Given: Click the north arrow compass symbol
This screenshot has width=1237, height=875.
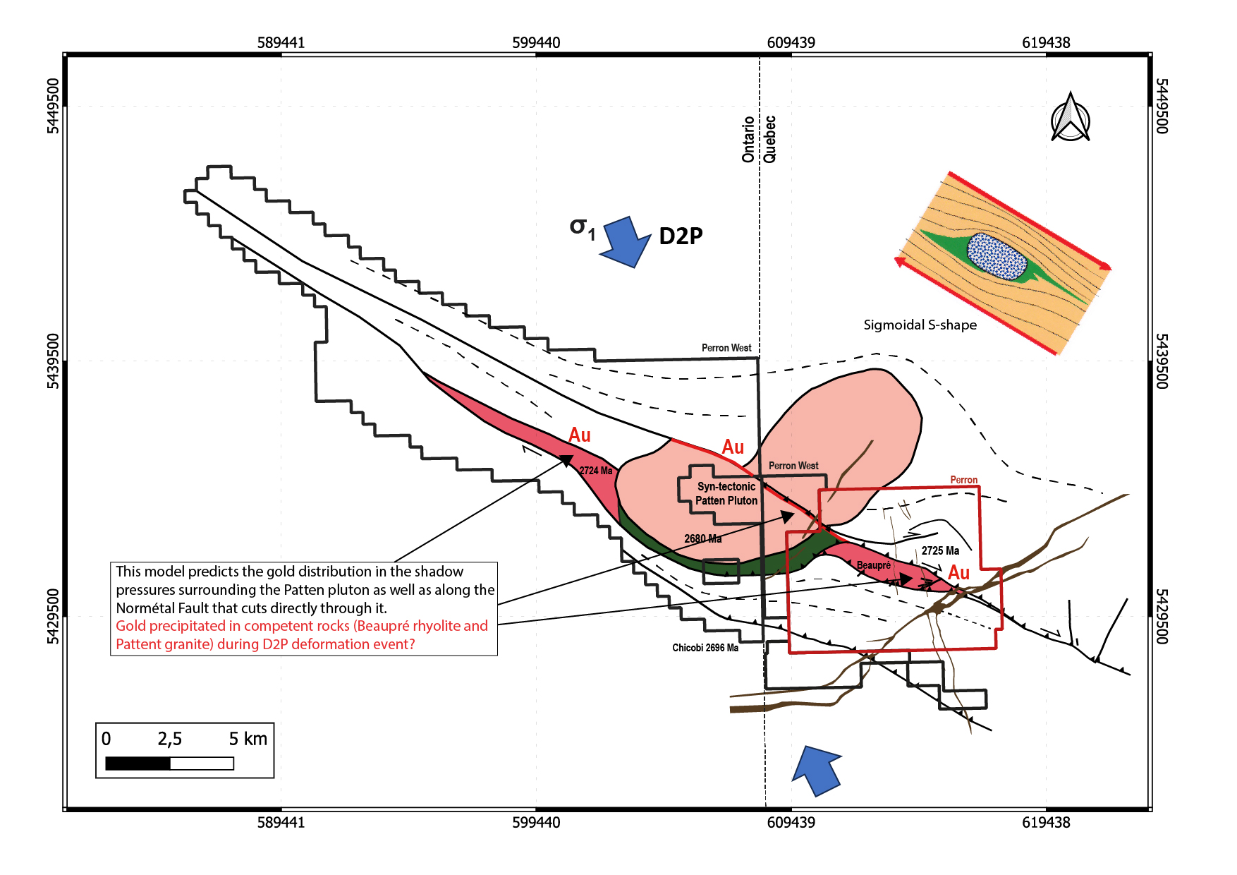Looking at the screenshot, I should [x=1070, y=118].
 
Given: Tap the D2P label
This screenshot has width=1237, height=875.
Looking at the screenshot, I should [x=681, y=236].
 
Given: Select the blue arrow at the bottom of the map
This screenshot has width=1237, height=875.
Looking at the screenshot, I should [x=817, y=770].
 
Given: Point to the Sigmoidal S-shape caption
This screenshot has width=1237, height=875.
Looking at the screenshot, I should [x=920, y=325].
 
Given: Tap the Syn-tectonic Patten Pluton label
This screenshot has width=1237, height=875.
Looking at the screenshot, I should [x=726, y=493].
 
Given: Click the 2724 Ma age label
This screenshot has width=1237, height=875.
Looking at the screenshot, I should [x=596, y=471].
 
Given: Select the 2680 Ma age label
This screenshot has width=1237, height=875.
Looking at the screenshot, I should [x=702, y=538].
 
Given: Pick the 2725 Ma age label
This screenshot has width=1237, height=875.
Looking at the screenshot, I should [x=940, y=550].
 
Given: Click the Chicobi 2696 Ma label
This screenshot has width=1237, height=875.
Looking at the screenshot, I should [x=705, y=648].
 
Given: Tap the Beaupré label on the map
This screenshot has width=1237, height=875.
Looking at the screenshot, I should [x=873, y=565].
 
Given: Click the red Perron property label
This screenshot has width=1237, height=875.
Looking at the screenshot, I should [x=963, y=480].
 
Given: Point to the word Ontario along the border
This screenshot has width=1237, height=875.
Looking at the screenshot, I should [x=748, y=139].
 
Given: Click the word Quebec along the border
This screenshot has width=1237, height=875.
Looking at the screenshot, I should [x=769, y=139].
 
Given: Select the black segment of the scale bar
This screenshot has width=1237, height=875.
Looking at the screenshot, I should [x=138, y=764].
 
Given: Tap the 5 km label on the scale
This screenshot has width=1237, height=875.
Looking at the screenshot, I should [x=248, y=739].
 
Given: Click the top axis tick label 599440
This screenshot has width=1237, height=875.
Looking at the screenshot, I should [x=536, y=42].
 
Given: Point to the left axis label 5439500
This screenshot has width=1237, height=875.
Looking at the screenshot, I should [x=54, y=361].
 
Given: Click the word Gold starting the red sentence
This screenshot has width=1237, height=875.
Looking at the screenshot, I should [x=130, y=626].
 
